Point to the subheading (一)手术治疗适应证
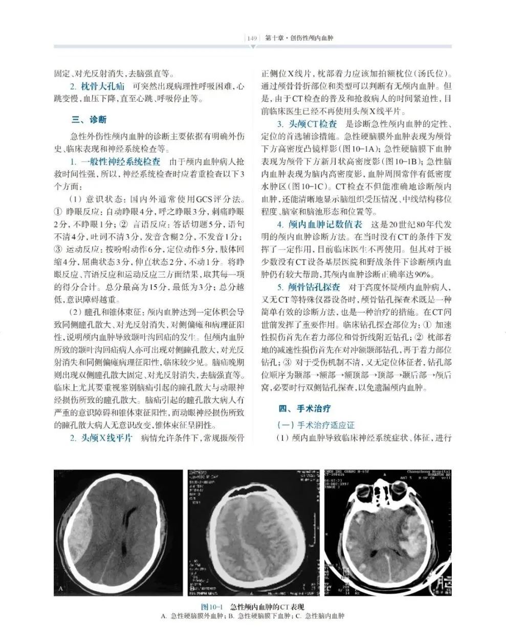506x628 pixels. point(315,425)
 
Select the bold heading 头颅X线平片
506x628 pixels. point(106,438)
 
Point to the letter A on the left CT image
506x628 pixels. point(61,589)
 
